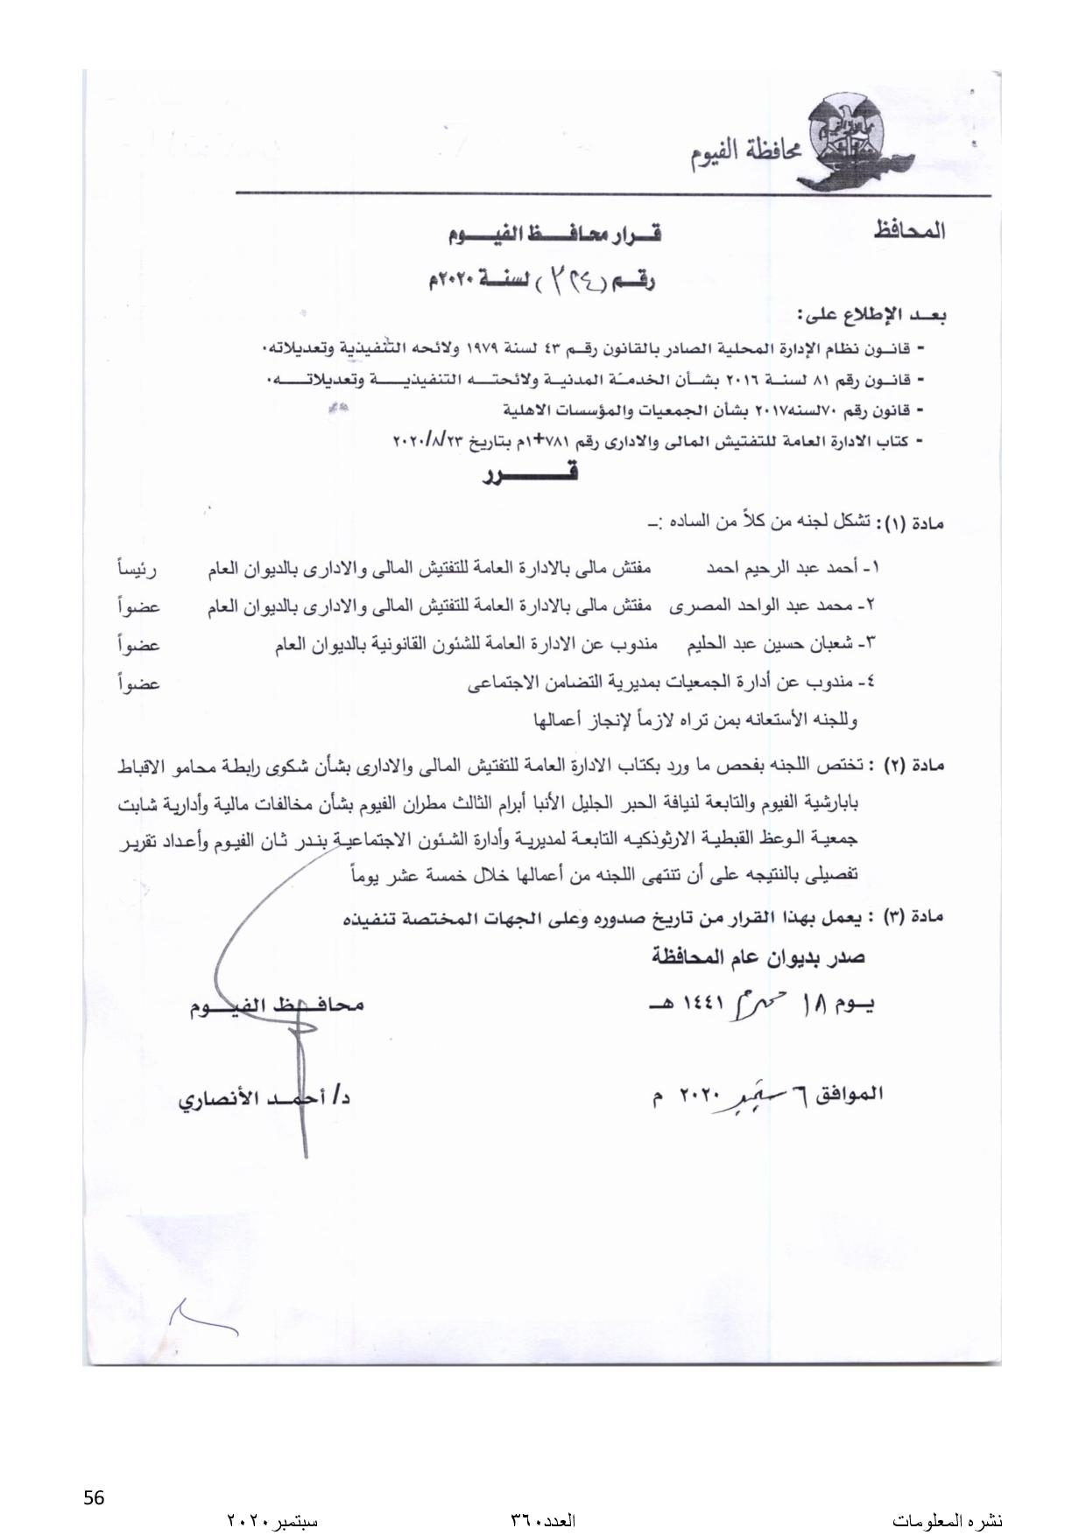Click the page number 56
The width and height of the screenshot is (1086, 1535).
94,1497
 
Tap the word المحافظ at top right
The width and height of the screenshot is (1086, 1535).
909,232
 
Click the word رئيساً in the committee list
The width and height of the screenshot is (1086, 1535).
138,569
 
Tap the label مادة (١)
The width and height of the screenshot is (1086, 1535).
912,524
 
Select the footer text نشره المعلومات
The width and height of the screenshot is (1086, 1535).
948,1520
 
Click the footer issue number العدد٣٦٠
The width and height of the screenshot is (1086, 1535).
542,1520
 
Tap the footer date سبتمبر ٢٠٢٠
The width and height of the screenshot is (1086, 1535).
271,1520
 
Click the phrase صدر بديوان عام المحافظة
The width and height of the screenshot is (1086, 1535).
758,957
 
